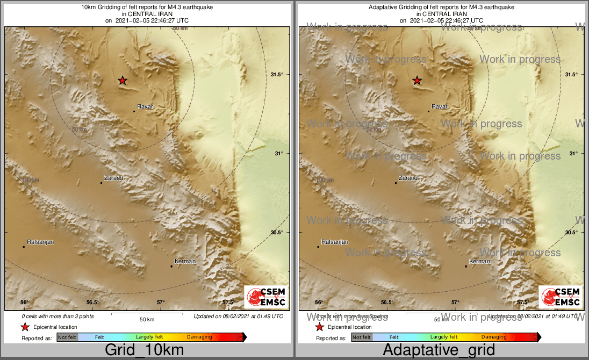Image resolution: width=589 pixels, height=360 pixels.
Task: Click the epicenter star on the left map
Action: [x=123, y=81]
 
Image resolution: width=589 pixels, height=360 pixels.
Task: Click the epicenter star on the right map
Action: [x=417, y=81]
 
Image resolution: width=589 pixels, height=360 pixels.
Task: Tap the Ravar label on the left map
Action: [x=145, y=106]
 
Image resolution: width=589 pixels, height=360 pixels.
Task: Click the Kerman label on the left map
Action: [x=185, y=262]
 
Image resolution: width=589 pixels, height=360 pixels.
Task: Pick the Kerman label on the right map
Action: [x=479, y=262]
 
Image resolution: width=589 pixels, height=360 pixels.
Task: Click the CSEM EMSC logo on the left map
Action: [x=266, y=297]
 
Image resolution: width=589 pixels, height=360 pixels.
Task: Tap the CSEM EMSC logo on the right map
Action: [x=561, y=297]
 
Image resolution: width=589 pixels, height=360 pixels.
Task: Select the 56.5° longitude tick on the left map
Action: [x=92, y=303]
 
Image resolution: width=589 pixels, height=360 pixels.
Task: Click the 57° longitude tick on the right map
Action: [x=455, y=303]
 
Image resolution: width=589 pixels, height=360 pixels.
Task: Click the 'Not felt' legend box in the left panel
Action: [x=67, y=337]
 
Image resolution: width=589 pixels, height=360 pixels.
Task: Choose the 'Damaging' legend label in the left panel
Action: [x=199, y=337]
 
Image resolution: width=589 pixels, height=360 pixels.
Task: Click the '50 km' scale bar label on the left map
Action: [x=147, y=319]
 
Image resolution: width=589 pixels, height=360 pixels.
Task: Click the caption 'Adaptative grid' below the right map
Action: [x=439, y=350]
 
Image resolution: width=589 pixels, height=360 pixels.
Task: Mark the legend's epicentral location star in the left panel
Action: [x=25, y=327]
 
